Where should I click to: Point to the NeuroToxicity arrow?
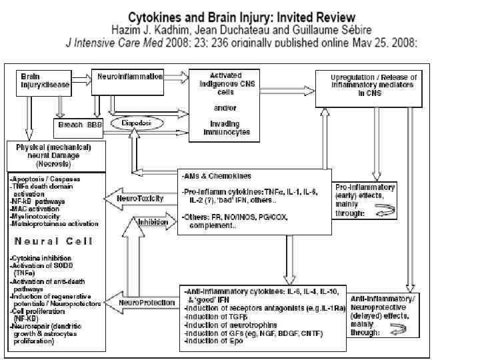coord(133,198)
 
